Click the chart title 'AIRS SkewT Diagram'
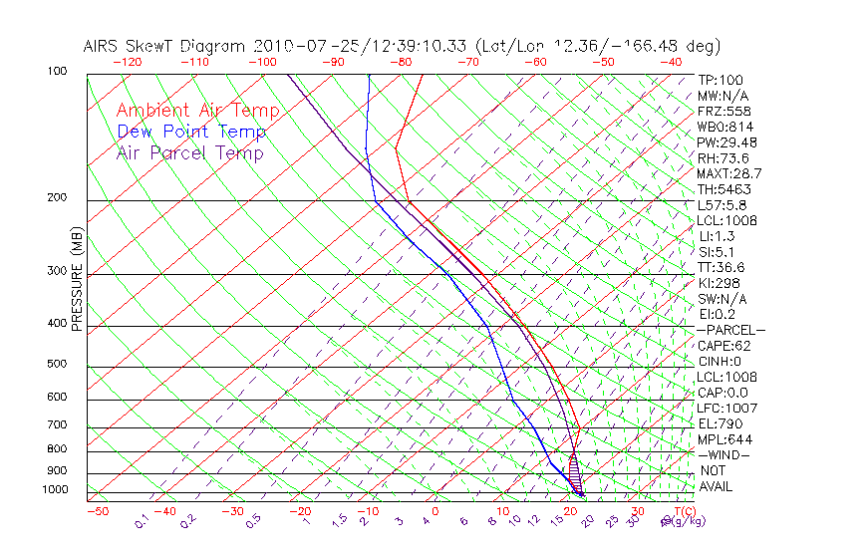pyautogui.click(x=165, y=47)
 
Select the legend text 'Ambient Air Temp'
pyautogui.click(x=197, y=111)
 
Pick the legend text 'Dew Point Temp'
pyautogui.click(x=191, y=132)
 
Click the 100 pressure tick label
pyautogui.click(x=57, y=72)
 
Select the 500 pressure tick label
pyautogui.click(x=57, y=365)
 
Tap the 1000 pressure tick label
pyautogui.click(x=55, y=490)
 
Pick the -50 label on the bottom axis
pyautogui.click(x=97, y=512)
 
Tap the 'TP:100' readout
pyautogui.click(x=720, y=80)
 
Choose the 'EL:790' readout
pyautogui.click(x=720, y=423)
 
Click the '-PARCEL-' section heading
pyautogui.click(x=730, y=330)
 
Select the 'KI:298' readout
pyautogui.click(x=718, y=283)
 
